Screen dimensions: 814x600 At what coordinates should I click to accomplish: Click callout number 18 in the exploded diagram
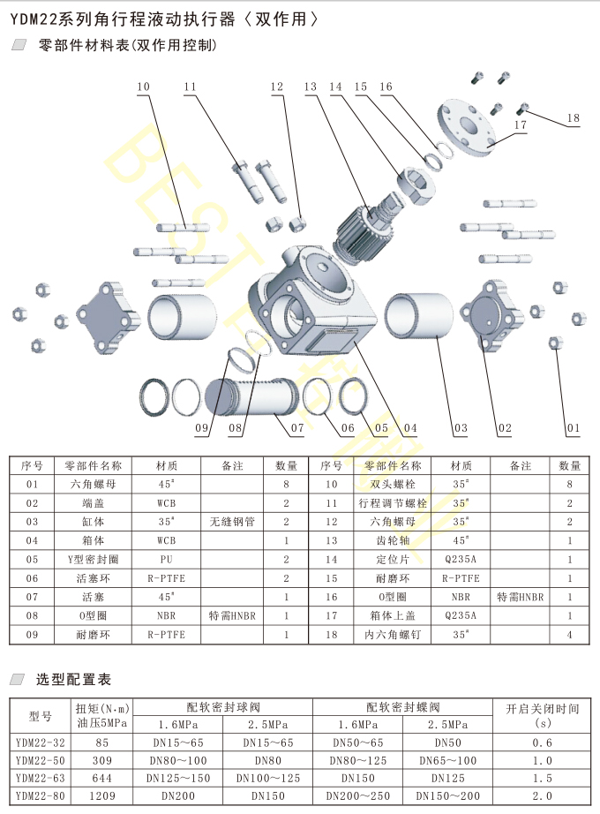point(574,118)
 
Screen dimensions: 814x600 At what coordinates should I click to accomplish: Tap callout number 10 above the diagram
point(143,87)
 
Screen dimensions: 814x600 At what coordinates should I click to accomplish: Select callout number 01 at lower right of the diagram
point(574,428)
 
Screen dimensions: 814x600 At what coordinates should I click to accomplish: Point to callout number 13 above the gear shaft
point(310,87)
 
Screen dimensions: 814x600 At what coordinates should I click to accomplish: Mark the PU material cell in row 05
point(166,559)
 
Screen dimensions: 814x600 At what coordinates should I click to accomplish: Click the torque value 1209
point(102,796)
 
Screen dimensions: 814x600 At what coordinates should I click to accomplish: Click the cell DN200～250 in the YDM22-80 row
point(356,796)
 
